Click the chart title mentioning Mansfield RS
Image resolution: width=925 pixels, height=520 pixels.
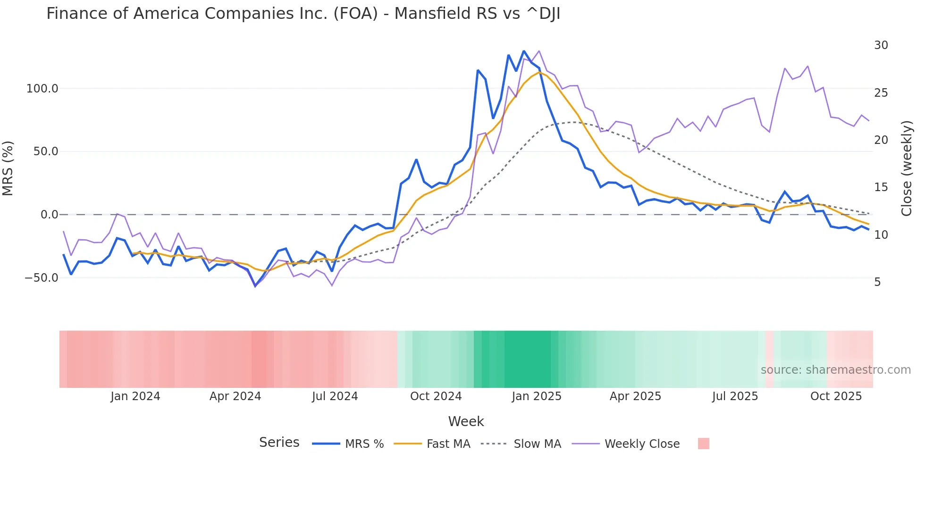(x=303, y=14)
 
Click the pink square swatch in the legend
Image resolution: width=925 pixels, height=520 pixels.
(x=703, y=444)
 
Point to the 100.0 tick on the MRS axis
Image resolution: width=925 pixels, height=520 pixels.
(x=42, y=89)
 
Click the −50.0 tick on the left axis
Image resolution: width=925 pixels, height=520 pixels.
(x=42, y=278)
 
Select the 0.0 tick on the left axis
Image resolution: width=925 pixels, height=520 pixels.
(x=49, y=215)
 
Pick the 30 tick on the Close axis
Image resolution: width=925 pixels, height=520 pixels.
(x=881, y=45)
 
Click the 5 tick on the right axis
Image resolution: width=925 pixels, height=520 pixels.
(x=877, y=282)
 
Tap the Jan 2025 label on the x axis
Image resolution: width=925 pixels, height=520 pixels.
(x=537, y=396)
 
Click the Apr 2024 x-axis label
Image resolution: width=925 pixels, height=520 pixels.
(x=235, y=396)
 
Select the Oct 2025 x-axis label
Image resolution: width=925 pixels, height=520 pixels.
(x=836, y=396)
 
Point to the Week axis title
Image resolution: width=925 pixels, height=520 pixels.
(x=466, y=421)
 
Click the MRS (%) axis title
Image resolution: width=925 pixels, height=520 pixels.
(x=8, y=168)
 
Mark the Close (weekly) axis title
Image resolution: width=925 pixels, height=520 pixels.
(x=907, y=168)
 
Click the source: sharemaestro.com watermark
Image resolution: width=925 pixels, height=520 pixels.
(x=835, y=370)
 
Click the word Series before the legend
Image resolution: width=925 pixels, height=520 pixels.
(x=279, y=443)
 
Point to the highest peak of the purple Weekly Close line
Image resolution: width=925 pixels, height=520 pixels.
(x=539, y=51)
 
